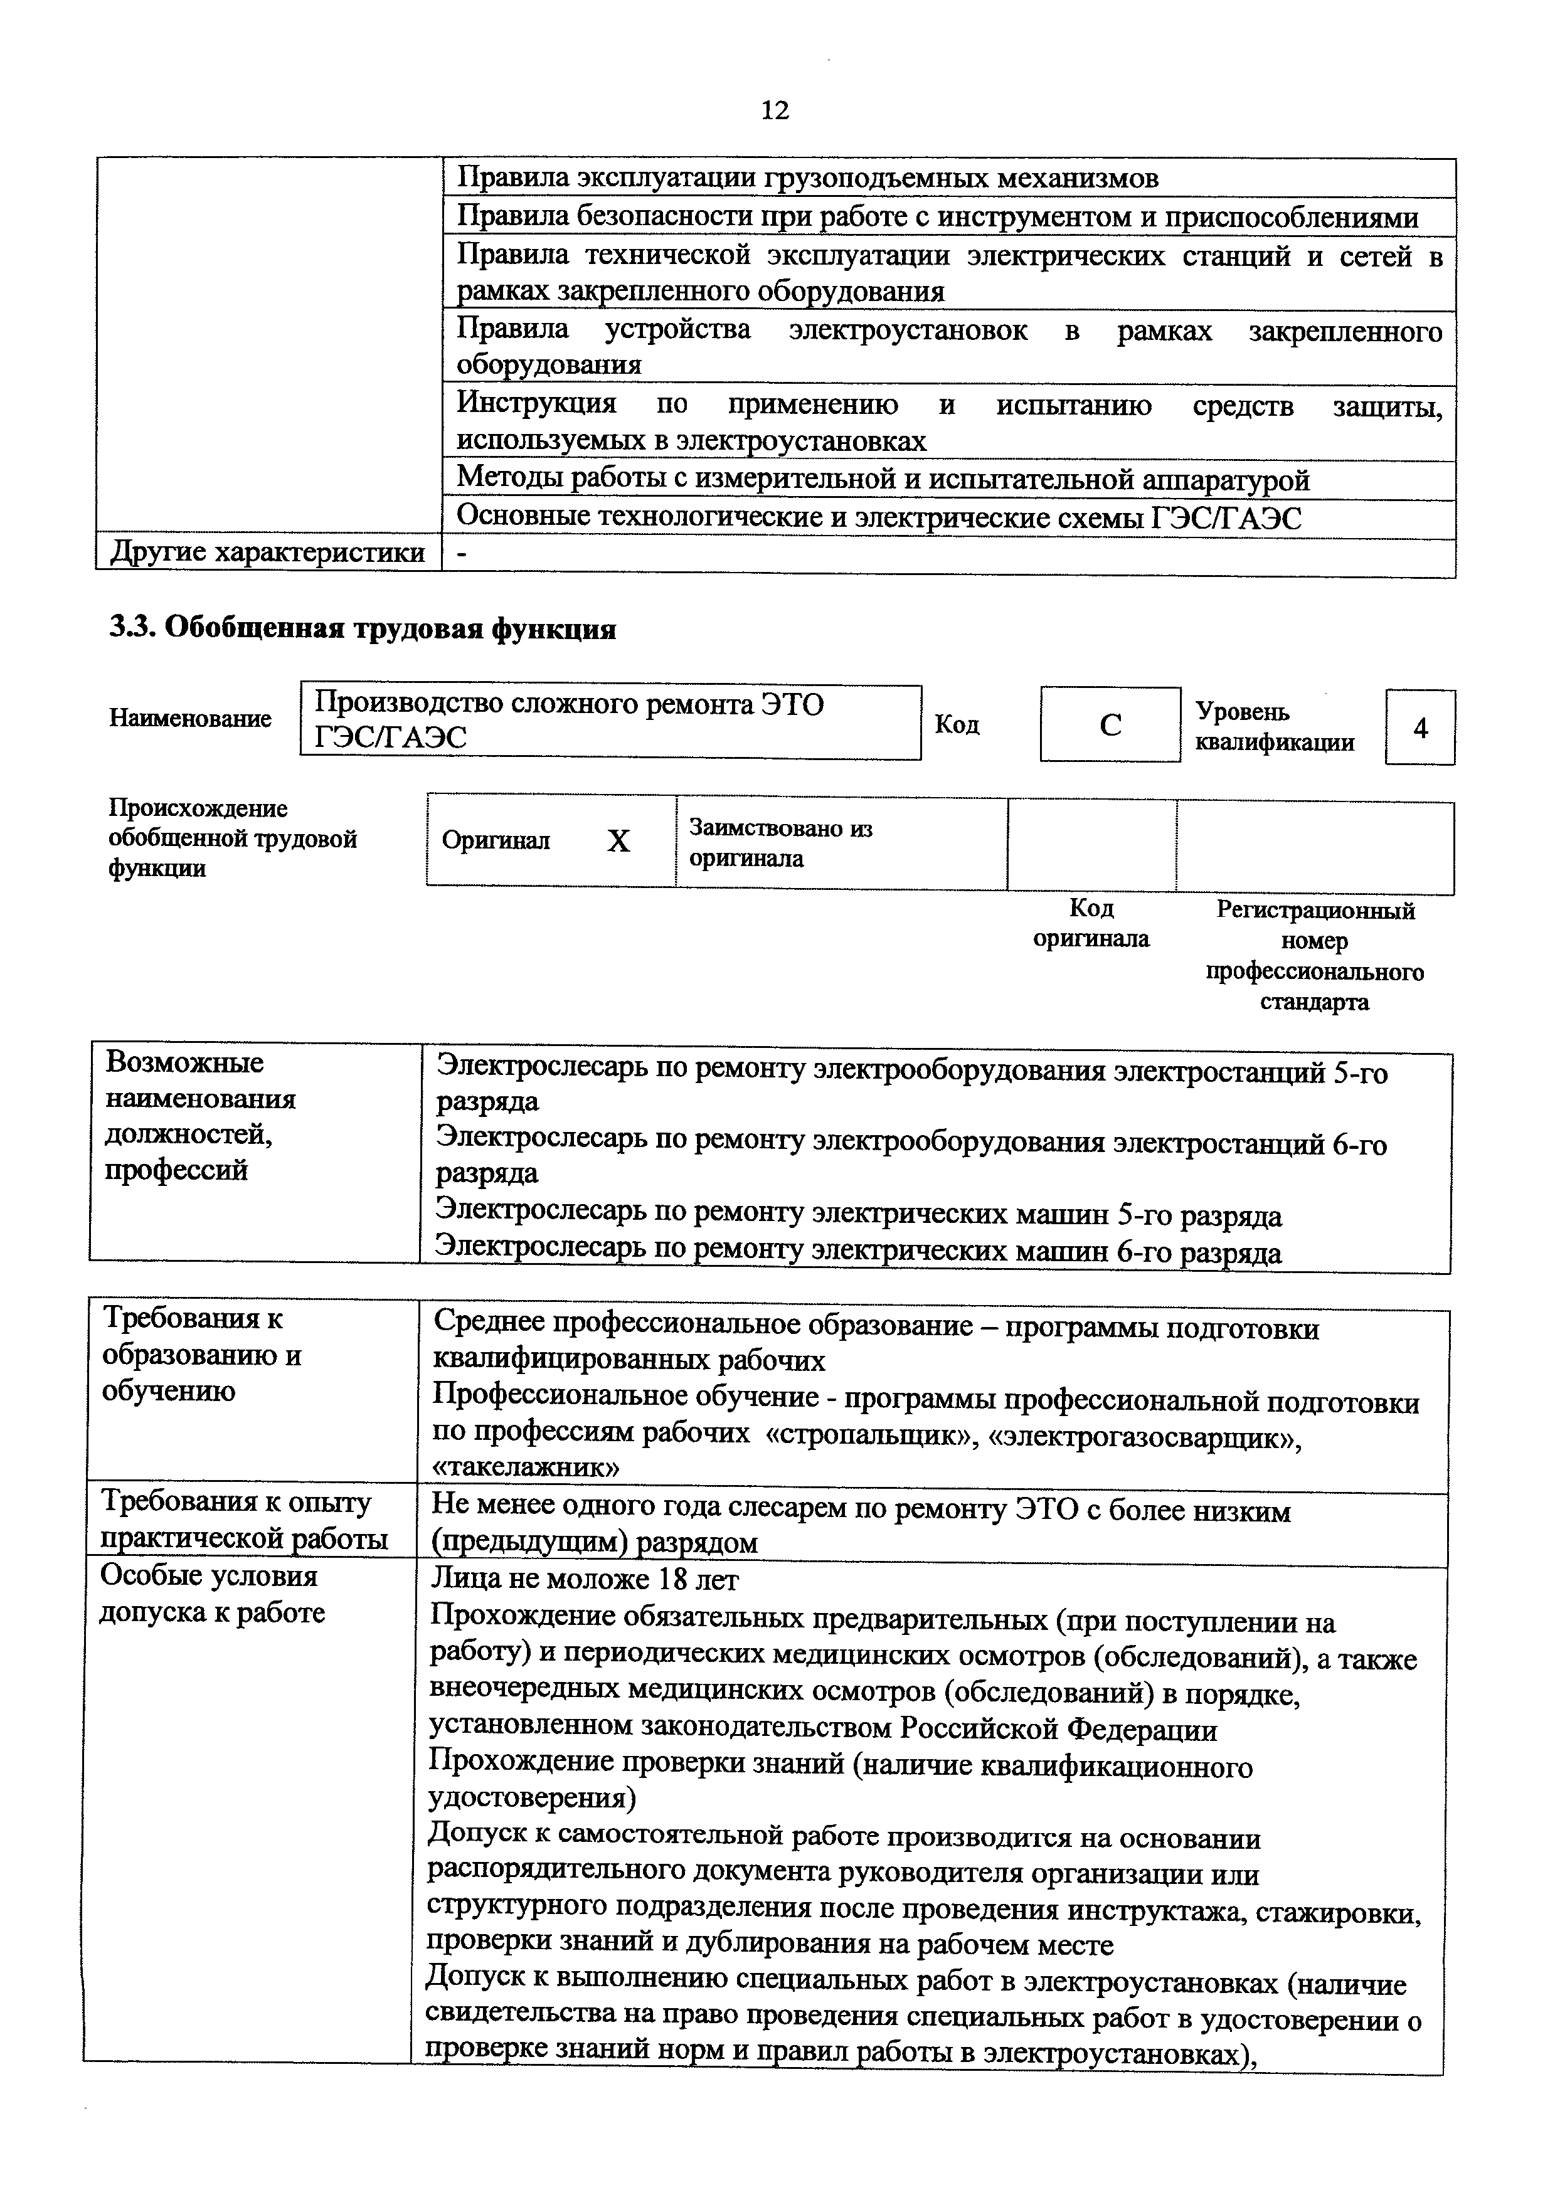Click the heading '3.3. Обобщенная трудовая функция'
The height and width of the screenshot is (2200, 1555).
coord(362,628)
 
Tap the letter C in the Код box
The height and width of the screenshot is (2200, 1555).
coord(1110,726)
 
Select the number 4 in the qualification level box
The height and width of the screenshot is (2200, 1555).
coord(1420,728)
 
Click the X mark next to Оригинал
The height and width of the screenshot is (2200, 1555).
coord(619,841)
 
